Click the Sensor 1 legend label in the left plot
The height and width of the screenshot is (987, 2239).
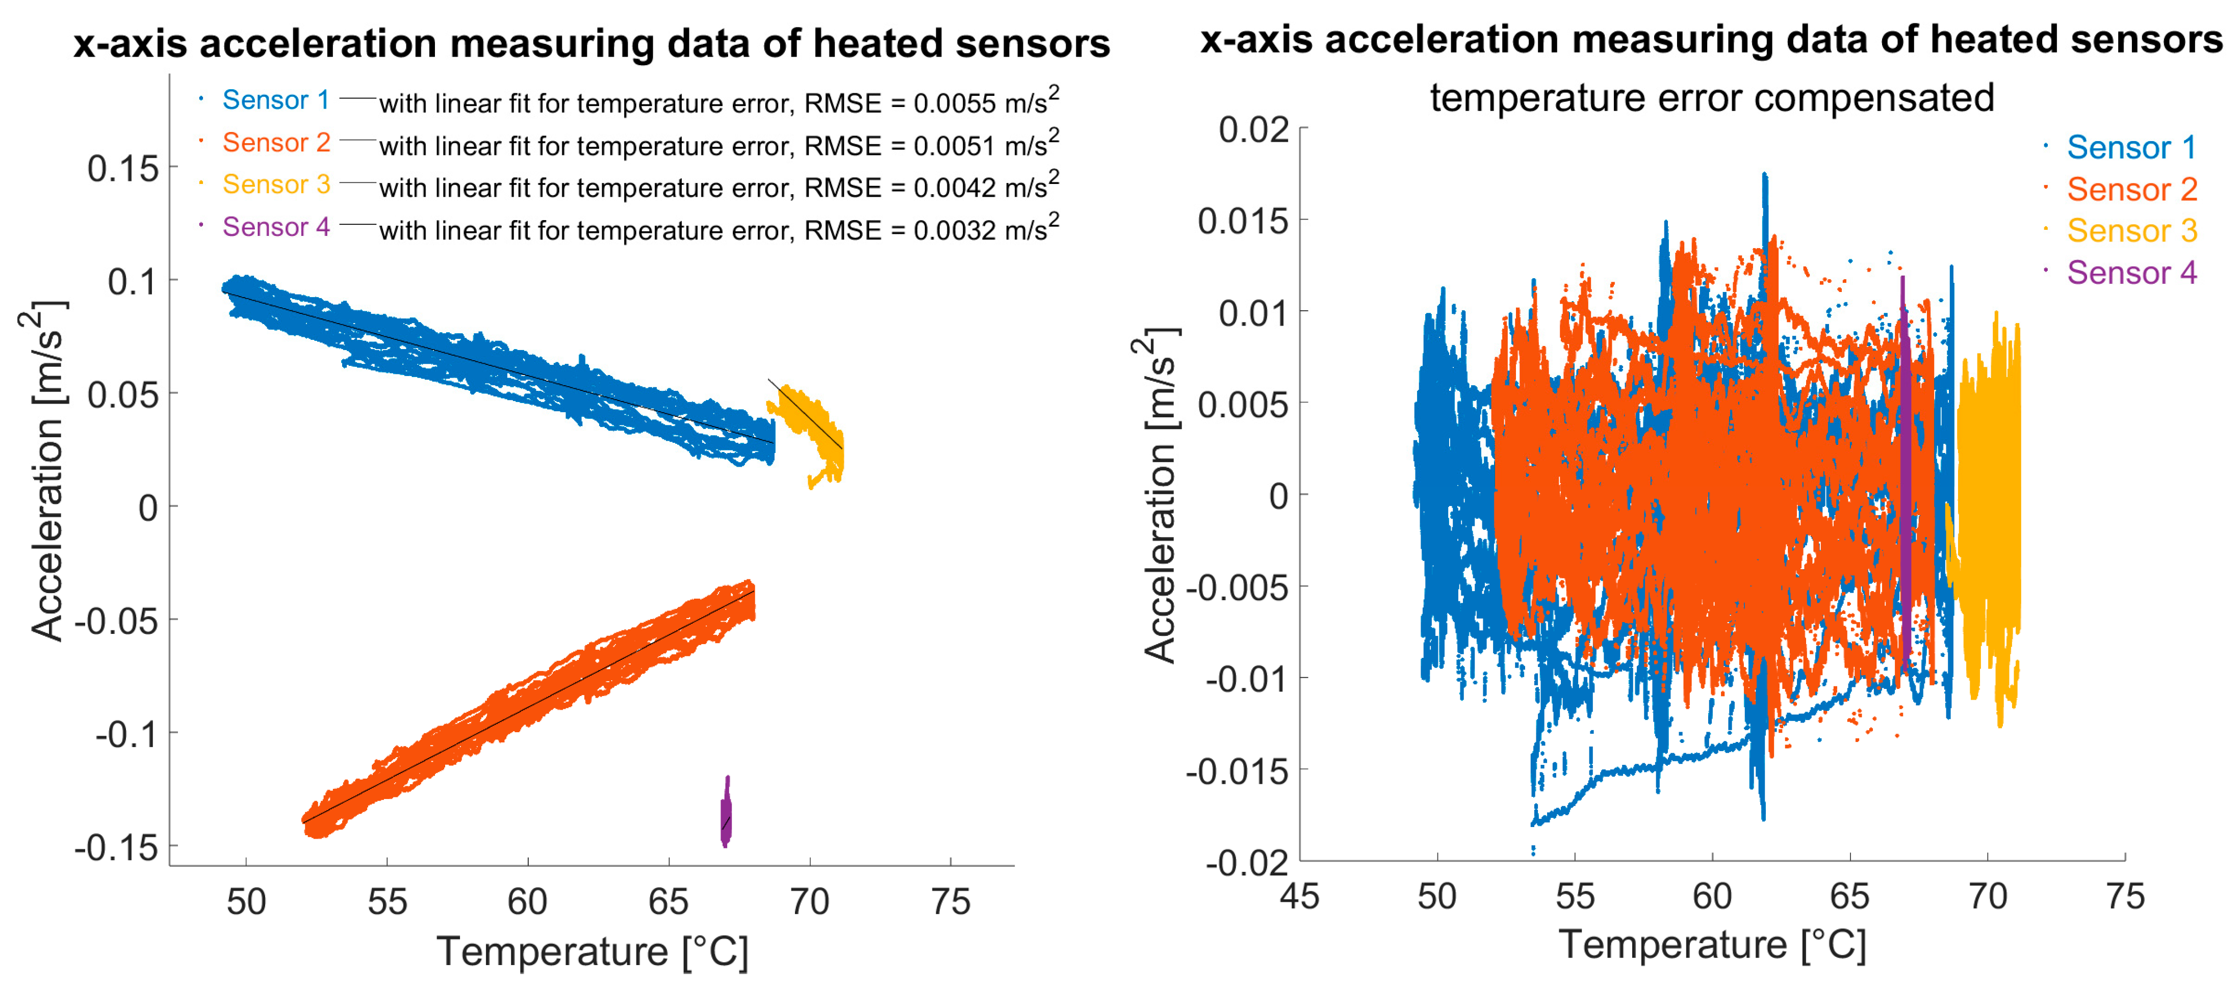pos(275,100)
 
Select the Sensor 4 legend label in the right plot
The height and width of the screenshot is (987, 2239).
pos(2131,273)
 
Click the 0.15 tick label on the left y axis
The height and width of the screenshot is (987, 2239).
pos(123,168)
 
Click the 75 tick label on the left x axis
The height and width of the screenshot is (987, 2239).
pos(950,902)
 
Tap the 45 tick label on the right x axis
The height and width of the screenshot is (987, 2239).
pos(1299,897)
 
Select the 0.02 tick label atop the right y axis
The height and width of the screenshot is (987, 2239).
pos(1253,130)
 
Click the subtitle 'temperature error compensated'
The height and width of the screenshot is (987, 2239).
pos(1711,97)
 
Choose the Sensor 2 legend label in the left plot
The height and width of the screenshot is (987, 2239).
pos(275,143)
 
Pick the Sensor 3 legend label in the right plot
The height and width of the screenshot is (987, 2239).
pos(2131,231)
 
